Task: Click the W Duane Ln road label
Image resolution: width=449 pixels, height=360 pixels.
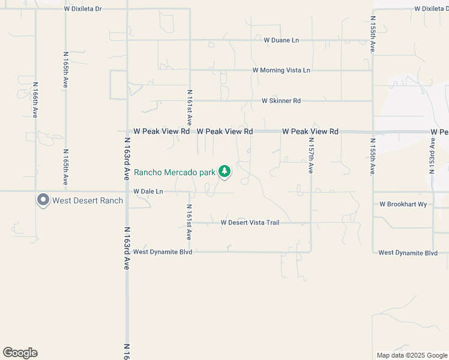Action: click(281, 40)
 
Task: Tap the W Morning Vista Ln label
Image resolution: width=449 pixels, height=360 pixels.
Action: click(281, 70)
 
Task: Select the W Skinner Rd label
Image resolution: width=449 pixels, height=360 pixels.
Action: click(281, 101)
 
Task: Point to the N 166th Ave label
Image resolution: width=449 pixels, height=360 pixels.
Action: click(35, 100)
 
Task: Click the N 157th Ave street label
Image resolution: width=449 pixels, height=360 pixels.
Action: click(311, 155)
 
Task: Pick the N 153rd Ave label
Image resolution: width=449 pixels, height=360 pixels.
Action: click(432, 155)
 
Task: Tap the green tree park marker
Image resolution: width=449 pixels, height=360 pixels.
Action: click(224, 172)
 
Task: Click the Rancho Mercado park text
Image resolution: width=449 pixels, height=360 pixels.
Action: click(174, 172)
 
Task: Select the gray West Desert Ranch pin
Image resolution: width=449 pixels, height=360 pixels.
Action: click(43, 200)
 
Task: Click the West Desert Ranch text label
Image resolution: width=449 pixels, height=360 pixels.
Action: click(88, 200)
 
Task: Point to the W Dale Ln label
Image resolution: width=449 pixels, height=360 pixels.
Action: click(148, 191)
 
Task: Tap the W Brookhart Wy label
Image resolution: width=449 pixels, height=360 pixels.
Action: click(403, 204)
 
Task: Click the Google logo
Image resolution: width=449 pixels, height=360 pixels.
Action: click(20, 353)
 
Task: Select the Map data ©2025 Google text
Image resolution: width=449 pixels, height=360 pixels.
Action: click(412, 355)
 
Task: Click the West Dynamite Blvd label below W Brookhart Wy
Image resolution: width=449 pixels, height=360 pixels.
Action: click(408, 253)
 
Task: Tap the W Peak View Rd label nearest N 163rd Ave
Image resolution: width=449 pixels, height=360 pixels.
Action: click(161, 131)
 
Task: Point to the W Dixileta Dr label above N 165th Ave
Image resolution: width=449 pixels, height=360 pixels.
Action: click(83, 9)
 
